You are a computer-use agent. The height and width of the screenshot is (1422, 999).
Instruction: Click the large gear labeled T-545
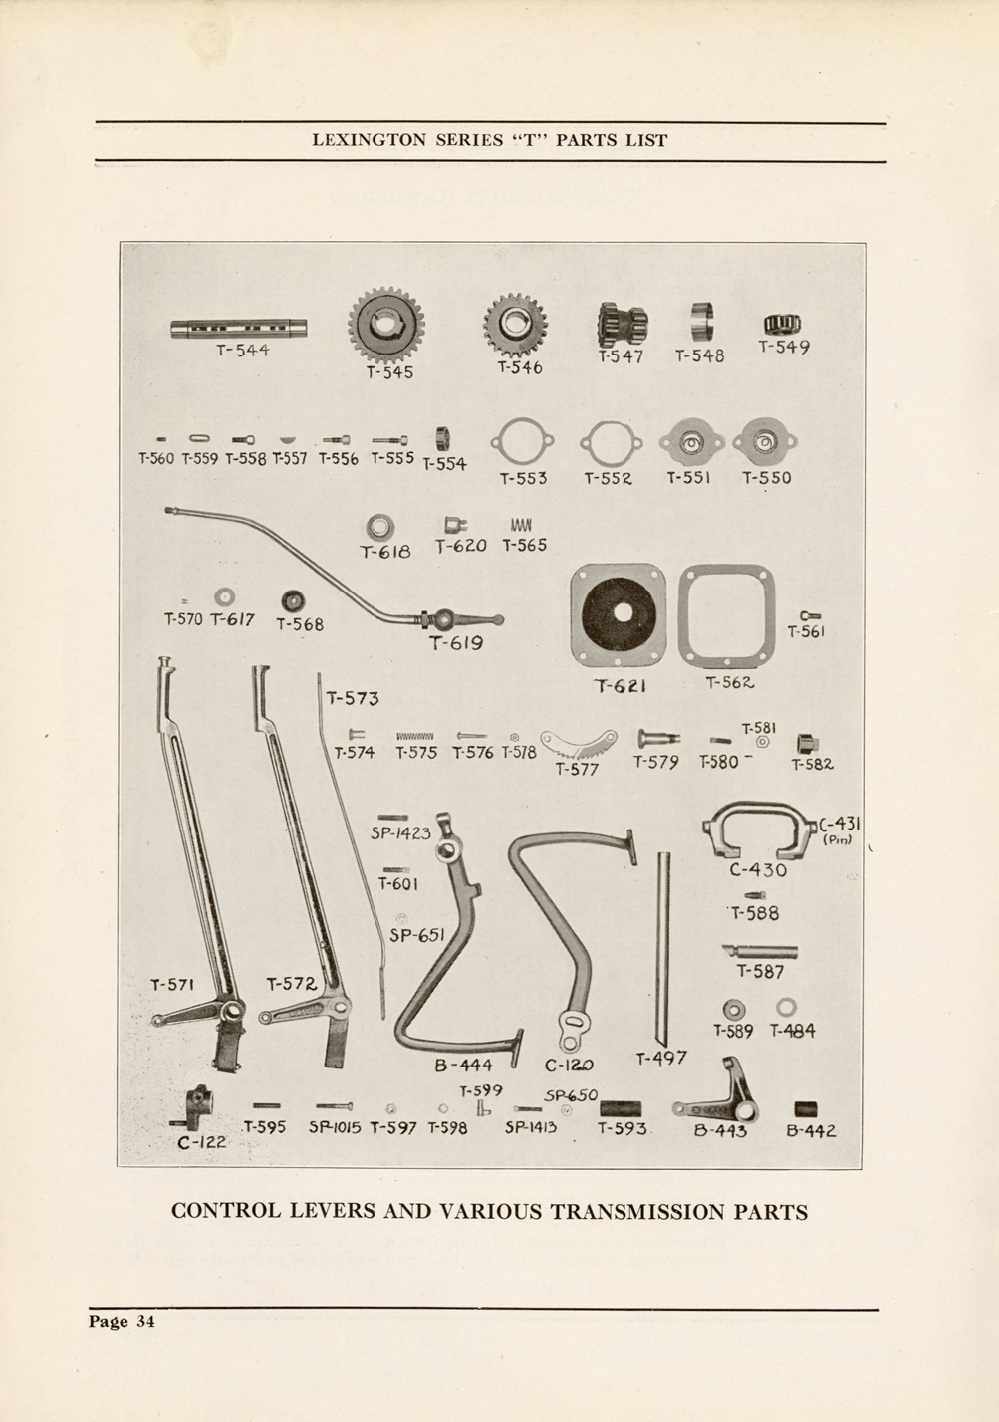point(386,325)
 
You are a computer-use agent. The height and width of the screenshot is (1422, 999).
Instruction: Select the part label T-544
point(243,350)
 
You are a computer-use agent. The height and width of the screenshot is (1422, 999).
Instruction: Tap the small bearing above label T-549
point(782,324)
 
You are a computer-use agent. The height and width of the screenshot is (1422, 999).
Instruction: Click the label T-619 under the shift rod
point(456,643)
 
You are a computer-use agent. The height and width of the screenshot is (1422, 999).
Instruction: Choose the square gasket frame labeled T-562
point(726,613)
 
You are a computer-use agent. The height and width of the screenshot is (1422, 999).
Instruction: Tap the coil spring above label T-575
point(415,736)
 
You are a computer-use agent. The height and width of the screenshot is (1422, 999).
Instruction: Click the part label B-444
point(463,1066)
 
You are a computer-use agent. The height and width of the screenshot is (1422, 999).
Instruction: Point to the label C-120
point(569,1065)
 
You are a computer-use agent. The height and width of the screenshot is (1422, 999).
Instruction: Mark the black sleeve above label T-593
point(621,1109)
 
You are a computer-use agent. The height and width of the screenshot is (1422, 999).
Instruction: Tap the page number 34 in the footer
point(145,1322)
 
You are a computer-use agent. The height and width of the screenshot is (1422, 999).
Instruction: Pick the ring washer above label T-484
point(786,1007)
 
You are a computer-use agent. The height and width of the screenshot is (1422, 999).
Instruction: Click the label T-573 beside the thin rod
point(353,698)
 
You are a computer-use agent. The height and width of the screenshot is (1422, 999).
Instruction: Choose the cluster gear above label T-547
point(623,325)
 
